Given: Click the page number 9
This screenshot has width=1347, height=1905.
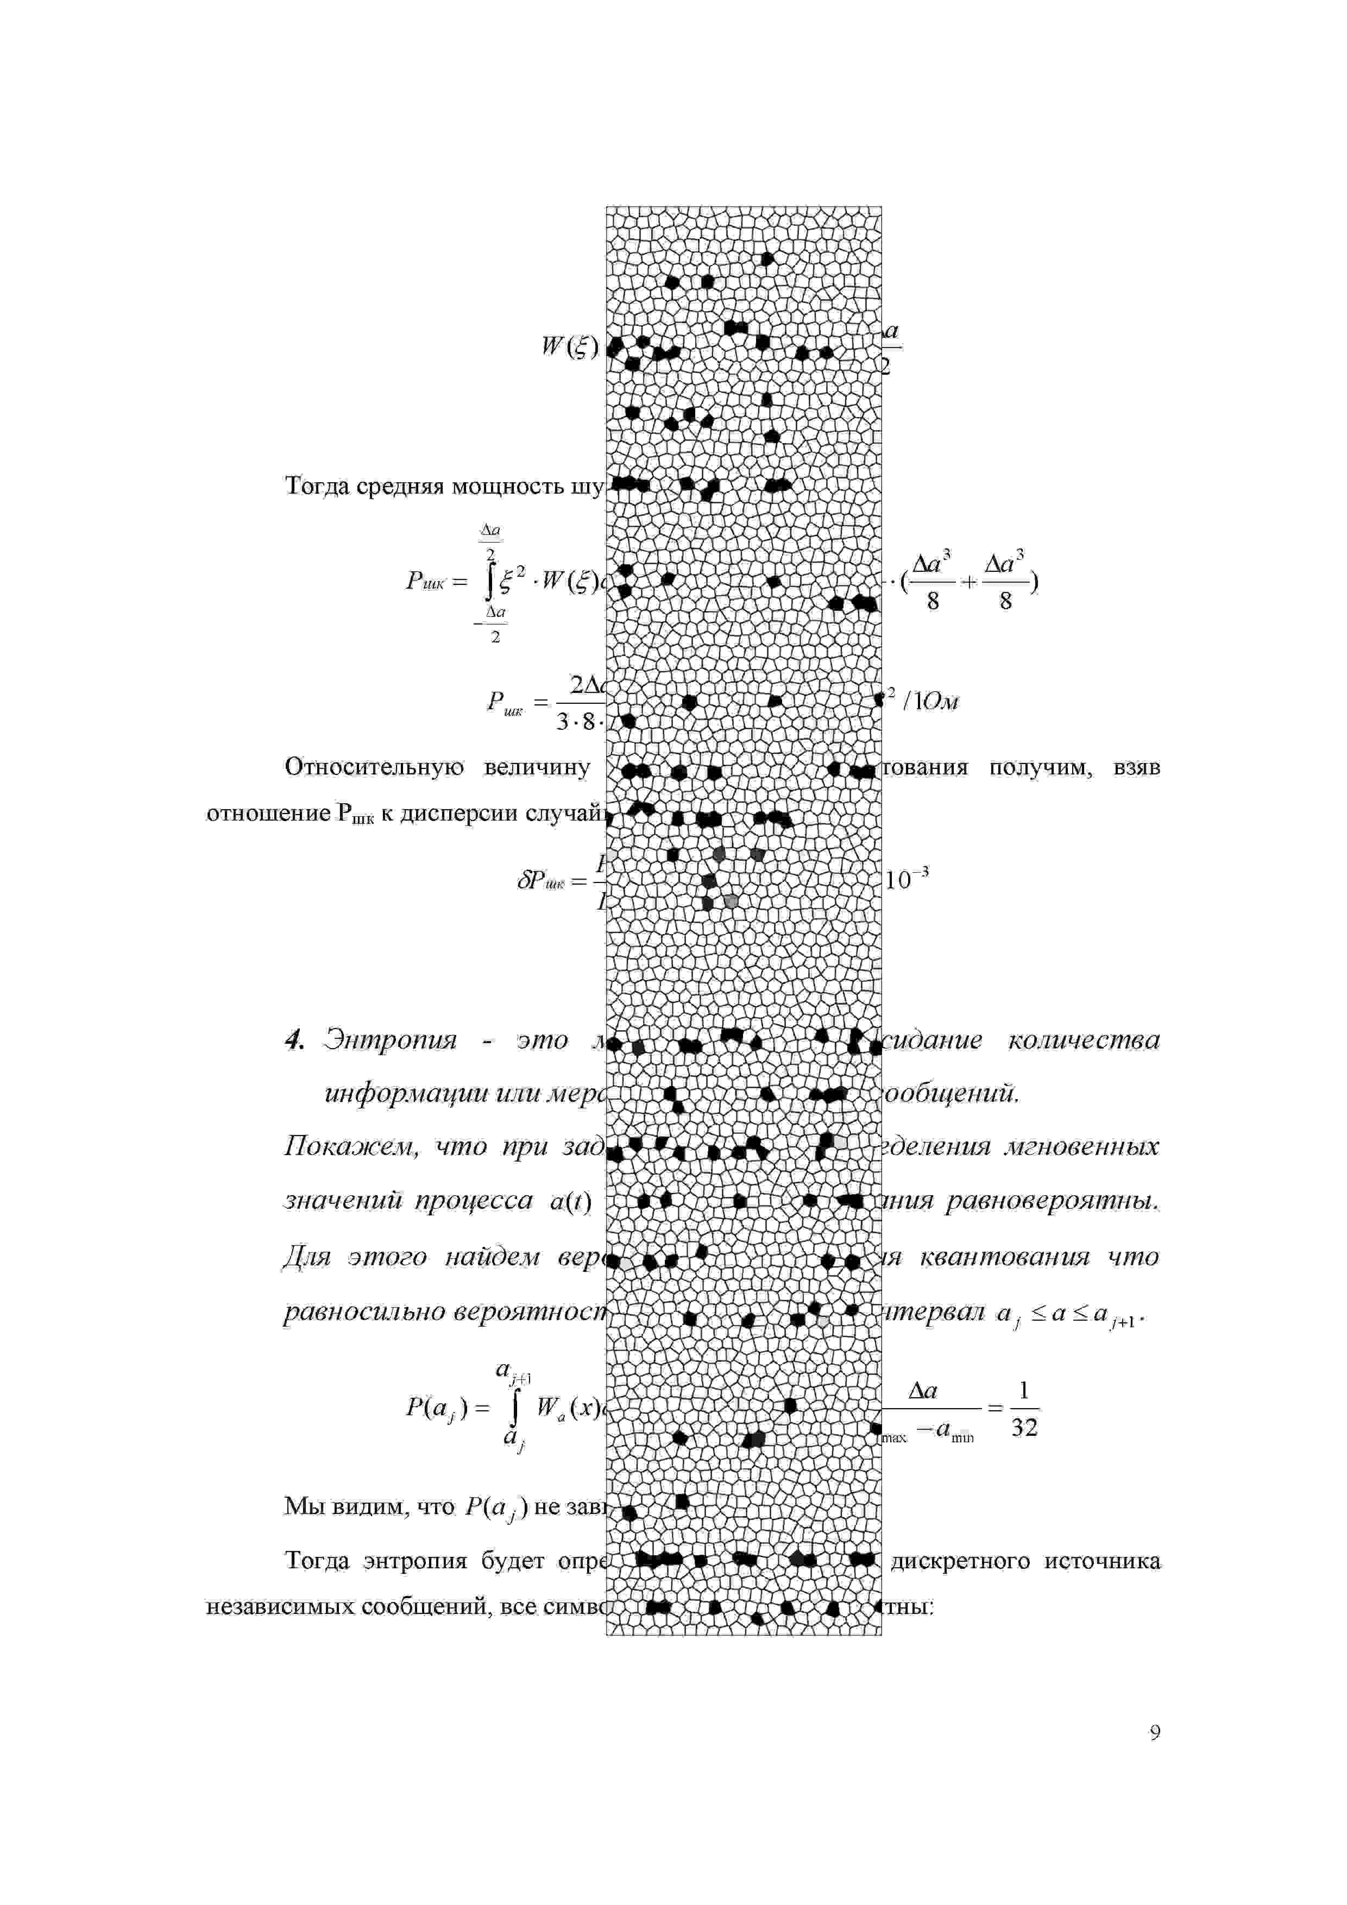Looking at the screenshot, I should coord(1154,1732).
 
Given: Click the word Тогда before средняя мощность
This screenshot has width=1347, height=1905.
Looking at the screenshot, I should coord(317,486).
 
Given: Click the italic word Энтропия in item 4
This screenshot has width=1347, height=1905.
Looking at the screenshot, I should coord(390,1040).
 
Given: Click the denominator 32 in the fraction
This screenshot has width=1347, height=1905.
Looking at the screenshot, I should coord(1024,1428).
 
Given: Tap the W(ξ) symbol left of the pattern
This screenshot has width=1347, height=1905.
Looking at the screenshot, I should coord(569,347).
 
